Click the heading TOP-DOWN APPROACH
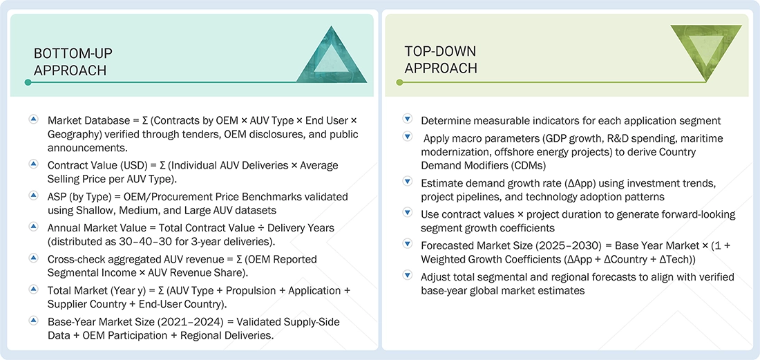click(440, 59)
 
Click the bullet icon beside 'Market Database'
click(33, 120)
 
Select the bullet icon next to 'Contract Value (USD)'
click(33, 164)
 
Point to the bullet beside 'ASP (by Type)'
click(33, 196)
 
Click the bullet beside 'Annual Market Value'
click(33, 227)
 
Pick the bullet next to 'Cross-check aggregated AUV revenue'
click(33, 258)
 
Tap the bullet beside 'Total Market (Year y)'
click(33, 290)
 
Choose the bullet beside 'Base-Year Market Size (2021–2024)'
click(33, 321)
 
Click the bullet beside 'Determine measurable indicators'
click(407, 120)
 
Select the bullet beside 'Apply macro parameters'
click(407, 138)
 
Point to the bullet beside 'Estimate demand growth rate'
click(407, 182)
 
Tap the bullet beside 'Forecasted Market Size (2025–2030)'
click(407, 245)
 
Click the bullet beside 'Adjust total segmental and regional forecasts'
click(407, 276)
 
